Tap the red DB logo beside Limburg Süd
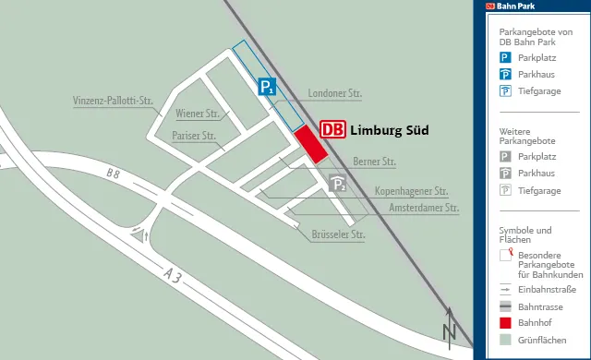pyautogui.click(x=332, y=130)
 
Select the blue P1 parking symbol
pyautogui.click(x=267, y=88)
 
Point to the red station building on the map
pyautogui.click(x=310, y=145)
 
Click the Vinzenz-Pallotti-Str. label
pyautogui.click(x=112, y=101)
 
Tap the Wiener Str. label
pyautogui.click(x=197, y=114)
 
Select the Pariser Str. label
pyautogui.click(x=193, y=136)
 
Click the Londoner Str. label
pyautogui.click(x=335, y=93)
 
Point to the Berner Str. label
pyautogui.click(x=374, y=162)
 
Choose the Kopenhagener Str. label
pyautogui.click(x=411, y=192)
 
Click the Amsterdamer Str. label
pyautogui.click(x=424, y=209)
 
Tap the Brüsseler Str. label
pyautogui.click(x=339, y=234)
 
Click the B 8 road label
pyautogui.click(x=113, y=174)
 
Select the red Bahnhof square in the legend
pyautogui.click(x=505, y=322)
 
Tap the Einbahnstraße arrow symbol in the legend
pyautogui.click(x=505, y=289)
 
